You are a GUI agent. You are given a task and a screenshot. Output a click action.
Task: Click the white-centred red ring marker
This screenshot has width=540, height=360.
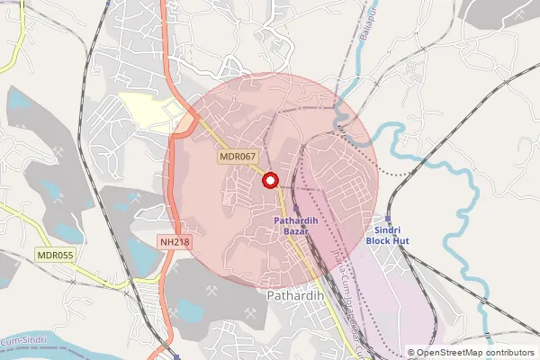[268, 179]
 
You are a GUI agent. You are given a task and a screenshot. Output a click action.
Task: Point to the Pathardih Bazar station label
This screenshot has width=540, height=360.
[292, 225]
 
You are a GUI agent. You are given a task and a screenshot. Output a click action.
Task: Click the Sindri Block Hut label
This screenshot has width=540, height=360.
[387, 237]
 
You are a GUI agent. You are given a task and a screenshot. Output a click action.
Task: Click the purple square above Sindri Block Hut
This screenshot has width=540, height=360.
[387, 218]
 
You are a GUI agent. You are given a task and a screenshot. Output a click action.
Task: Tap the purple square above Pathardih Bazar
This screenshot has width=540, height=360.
[296, 208]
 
